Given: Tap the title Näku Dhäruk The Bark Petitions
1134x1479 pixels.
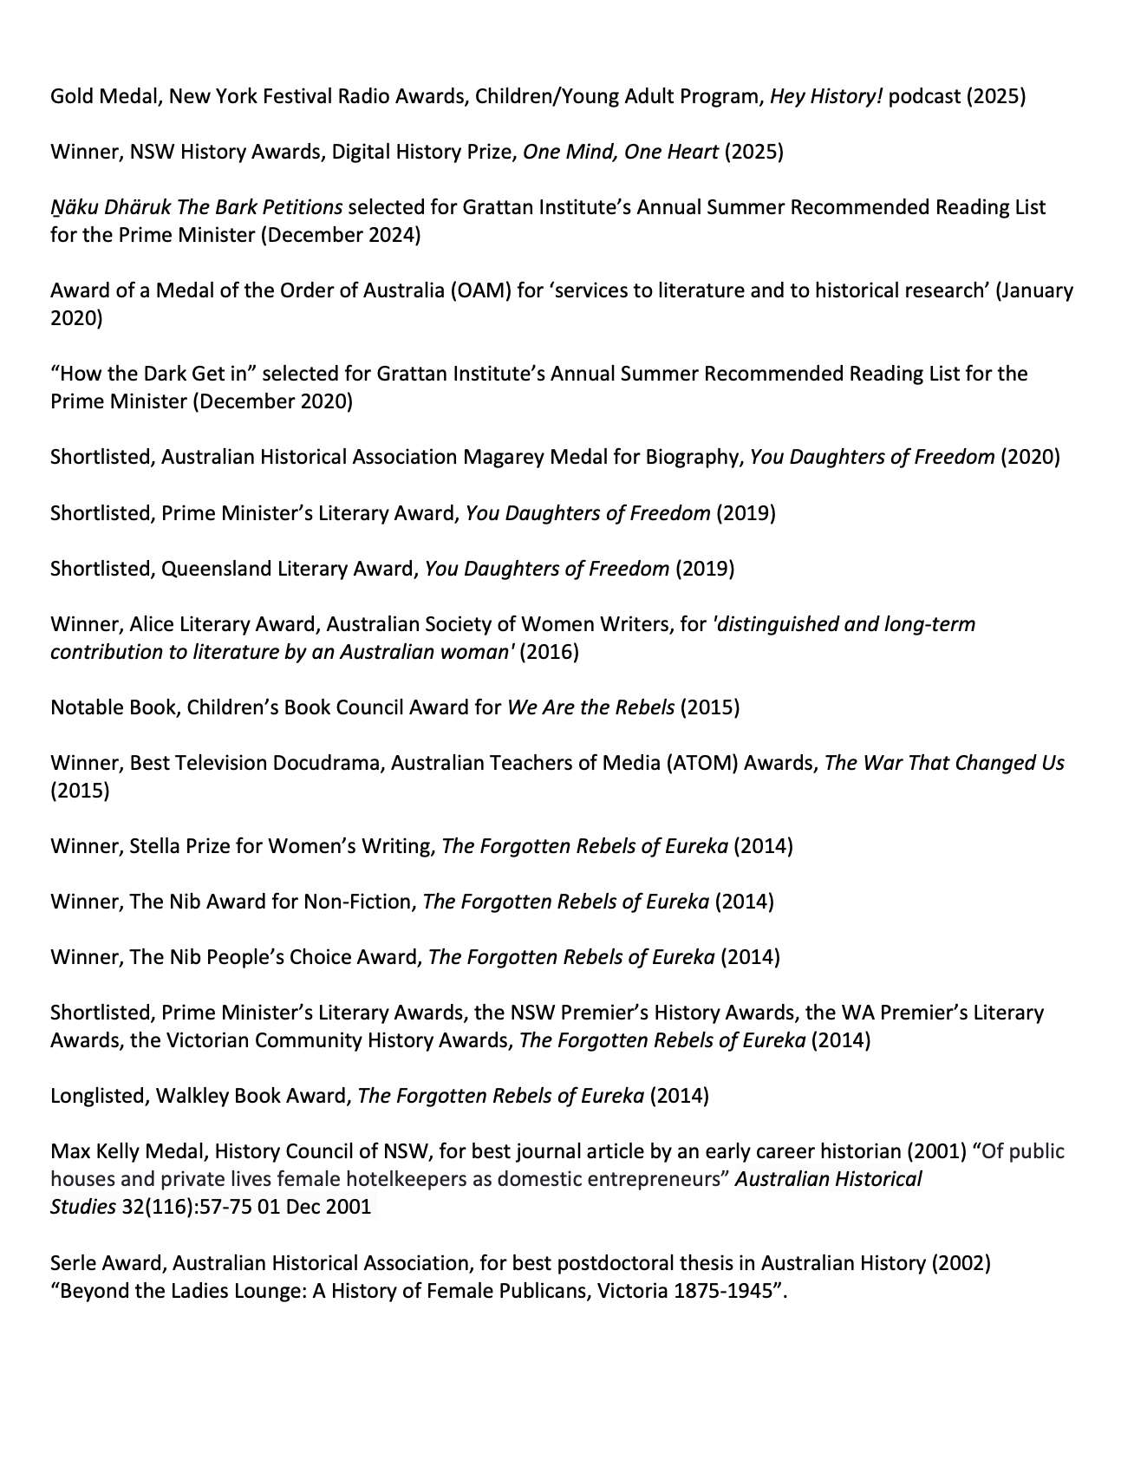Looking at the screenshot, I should pos(196,207).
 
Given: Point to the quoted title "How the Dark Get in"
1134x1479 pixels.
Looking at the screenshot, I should pos(153,374).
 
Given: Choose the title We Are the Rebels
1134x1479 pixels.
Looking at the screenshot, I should pos(590,707).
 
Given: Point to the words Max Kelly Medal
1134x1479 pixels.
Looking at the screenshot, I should pos(127,1151).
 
